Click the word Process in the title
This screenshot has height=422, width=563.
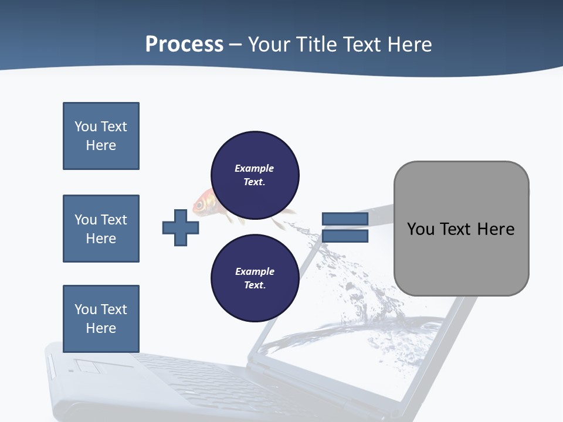pyautogui.click(x=184, y=44)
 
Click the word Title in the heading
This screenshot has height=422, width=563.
pyautogui.click(x=317, y=44)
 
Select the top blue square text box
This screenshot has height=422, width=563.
pyautogui.click(x=101, y=136)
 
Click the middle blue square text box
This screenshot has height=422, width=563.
pyautogui.click(x=101, y=229)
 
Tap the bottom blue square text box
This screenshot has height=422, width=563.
pyautogui.click(x=101, y=318)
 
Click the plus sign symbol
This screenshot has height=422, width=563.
pyautogui.click(x=181, y=227)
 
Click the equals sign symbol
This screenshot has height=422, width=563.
pyautogui.click(x=345, y=228)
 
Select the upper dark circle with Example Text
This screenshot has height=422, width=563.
pyautogui.click(x=255, y=175)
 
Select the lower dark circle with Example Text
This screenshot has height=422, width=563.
pyautogui.click(x=255, y=278)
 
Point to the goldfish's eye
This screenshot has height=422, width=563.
pyautogui.click(x=200, y=205)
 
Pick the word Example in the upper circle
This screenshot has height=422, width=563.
pyautogui.click(x=254, y=168)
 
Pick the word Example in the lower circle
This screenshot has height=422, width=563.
pyautogui.click(x=255, y=271)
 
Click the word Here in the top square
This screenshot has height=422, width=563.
pyautogui.click(x=101, y=145)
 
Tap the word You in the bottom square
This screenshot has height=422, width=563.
pyautogui.click(x=84, y=309)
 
